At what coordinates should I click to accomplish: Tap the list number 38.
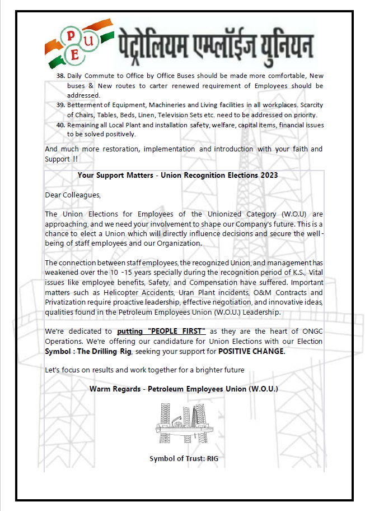pos(61,75)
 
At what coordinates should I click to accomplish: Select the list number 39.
pos(61,105)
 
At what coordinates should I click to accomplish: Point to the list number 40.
pos(61,125)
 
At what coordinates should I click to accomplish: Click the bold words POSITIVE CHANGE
pos(251,351)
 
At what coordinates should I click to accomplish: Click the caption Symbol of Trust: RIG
pos(184,459)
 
